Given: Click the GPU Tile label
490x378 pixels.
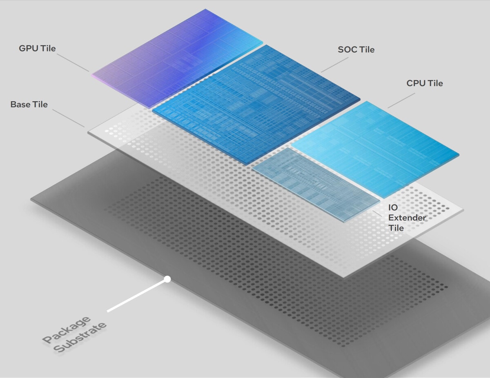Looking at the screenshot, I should coord(37,49).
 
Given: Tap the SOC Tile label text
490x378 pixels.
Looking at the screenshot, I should coord(356,50).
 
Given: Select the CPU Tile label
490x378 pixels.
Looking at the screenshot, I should coord(424,83).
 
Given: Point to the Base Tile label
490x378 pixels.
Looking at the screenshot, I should coord(29,105).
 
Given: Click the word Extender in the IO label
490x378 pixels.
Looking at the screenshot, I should coord(407,218).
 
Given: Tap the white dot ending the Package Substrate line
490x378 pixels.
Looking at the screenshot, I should coord(167,280).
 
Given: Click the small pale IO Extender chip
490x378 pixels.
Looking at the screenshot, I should coord(314,184).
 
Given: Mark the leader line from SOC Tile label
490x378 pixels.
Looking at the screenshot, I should coord(334,64).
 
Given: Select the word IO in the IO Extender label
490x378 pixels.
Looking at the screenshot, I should coord(393,208).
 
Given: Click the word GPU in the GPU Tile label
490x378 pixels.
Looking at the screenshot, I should coord(29,49).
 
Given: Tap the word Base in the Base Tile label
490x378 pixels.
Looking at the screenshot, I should coord(20,105).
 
